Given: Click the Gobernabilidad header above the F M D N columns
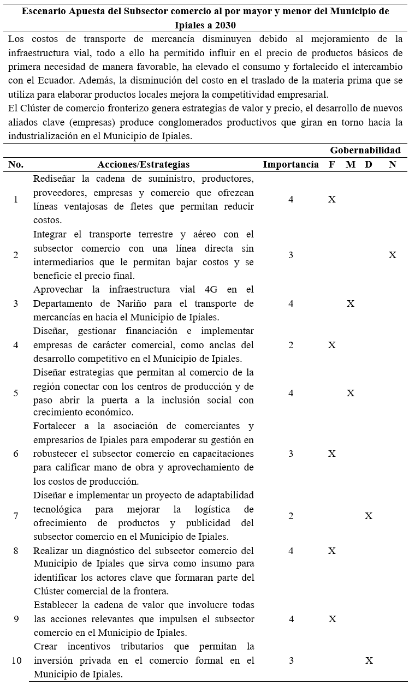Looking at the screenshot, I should (365, 150).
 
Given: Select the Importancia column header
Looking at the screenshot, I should (290, 164).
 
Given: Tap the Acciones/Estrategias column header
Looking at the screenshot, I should (144, 164).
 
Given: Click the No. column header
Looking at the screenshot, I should (16, 164).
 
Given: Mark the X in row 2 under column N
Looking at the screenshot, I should (392, 255).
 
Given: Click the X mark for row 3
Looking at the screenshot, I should (351, 303).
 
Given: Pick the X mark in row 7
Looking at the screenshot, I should (369, 516).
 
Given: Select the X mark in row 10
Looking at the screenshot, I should (369, 660).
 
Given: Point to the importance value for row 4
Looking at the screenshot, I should (291, 345).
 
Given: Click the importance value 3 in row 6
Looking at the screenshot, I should (291, 454).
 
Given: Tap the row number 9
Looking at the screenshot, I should (16, 619).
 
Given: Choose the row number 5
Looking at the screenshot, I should (16, 393).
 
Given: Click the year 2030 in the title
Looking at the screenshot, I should (226, 25).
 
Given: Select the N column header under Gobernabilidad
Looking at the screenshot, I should (392, 164).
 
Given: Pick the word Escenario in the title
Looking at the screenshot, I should (45, 11).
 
